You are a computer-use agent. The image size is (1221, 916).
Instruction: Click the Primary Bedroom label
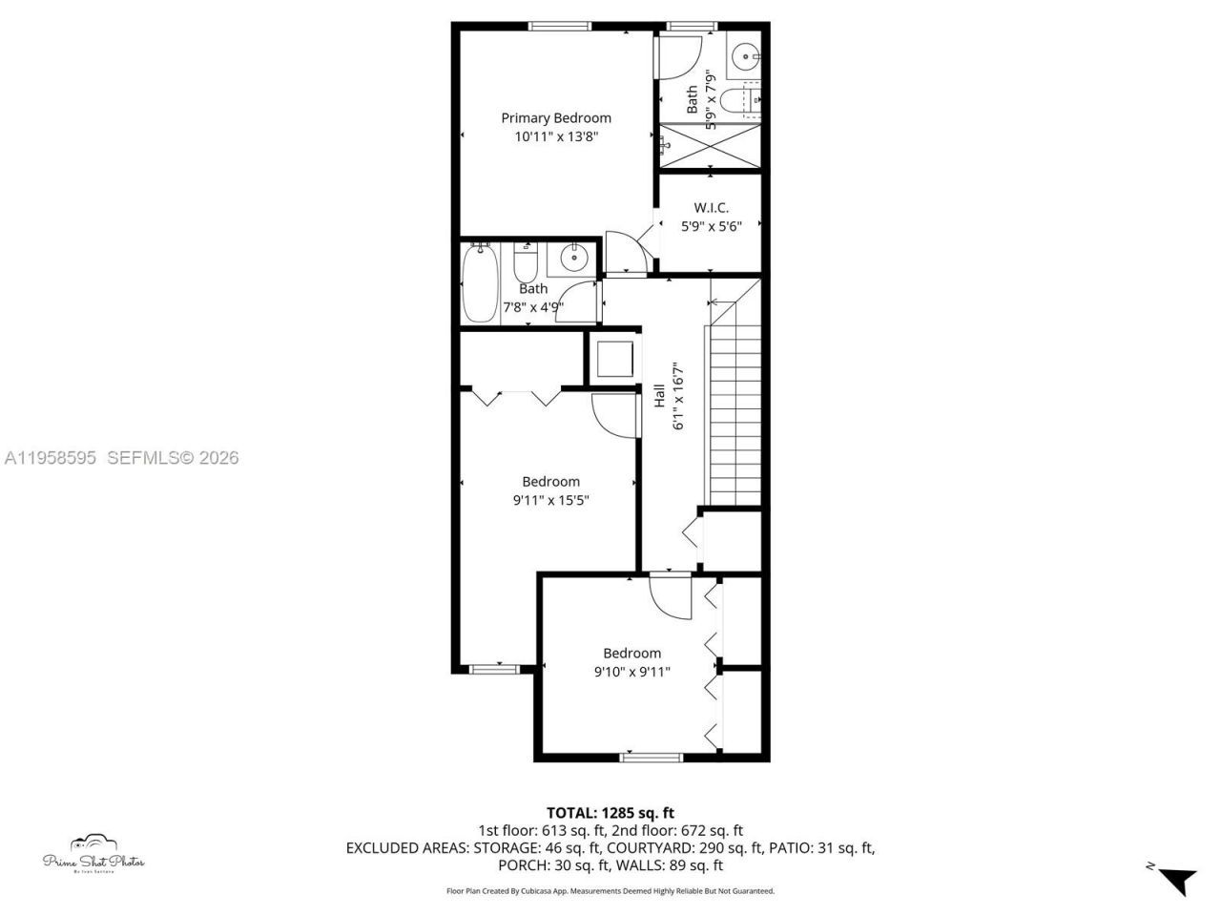556,118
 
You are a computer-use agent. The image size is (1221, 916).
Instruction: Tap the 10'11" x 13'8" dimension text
556,136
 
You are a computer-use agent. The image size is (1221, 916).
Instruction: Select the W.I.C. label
711,208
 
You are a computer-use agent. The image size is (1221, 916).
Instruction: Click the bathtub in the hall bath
478,283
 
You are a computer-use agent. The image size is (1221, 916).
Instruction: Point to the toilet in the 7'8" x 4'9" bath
525,260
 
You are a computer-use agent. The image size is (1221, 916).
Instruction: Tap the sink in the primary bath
745,58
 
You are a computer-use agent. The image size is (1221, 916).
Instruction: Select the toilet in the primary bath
739,99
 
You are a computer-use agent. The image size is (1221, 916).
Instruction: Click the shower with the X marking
711,145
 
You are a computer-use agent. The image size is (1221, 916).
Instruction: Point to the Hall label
659,396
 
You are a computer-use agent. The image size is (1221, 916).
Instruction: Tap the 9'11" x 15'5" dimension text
550,499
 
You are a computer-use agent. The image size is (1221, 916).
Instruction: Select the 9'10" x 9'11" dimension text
631,671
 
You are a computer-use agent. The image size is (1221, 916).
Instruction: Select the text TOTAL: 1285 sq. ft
610,813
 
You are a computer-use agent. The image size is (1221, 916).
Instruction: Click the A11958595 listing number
50,458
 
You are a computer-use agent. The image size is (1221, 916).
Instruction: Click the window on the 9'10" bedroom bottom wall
652,758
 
